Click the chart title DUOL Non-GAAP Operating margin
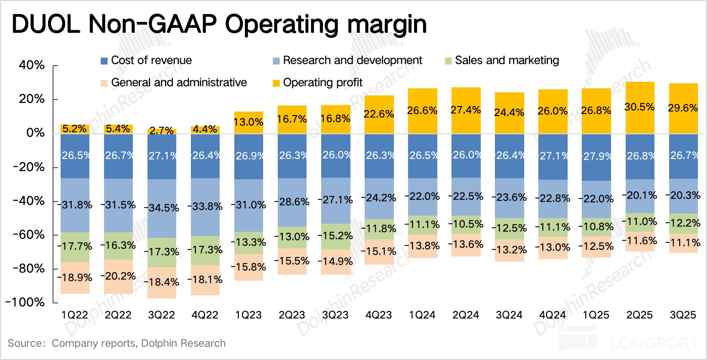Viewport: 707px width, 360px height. tap(218, 25)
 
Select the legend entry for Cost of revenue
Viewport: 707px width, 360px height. tap(146, 61)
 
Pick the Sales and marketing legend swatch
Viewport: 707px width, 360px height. tap(448, 61)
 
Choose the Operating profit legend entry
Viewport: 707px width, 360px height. tap(317, 82)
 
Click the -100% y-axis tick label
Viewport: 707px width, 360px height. tap(28, 302)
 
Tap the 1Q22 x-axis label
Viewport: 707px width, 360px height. tap(75, 315)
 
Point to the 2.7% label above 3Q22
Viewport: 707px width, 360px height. tap(162, 130)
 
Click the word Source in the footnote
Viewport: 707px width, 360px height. tap(24, 343)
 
